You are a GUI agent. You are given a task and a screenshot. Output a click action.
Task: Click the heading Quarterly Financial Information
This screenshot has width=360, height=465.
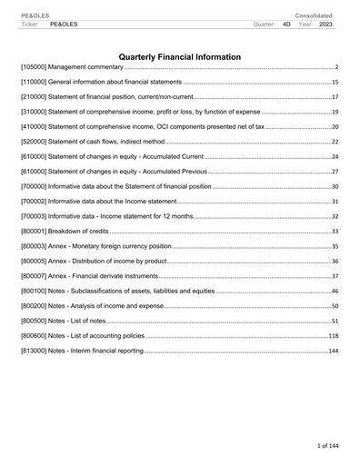(180, 57)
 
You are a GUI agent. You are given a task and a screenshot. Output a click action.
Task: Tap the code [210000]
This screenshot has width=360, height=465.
(35, 96)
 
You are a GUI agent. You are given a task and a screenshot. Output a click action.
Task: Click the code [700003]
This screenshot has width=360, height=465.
(35, 216)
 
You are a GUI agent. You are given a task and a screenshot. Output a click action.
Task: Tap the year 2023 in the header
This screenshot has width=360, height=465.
(325, 25)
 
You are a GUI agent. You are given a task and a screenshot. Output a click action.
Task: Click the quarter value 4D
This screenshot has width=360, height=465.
(287, 25)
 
